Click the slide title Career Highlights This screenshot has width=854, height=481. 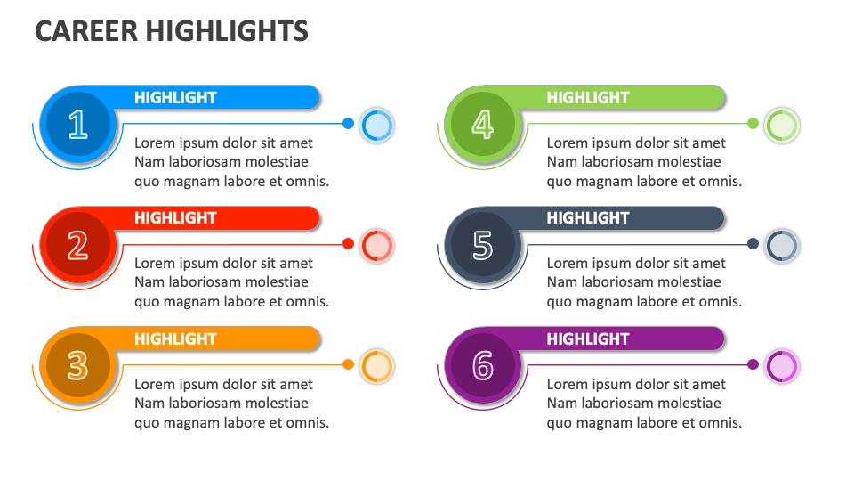pos(172,31)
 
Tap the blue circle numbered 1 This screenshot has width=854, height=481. pos(77,125)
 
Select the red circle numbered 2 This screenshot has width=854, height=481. pos(77,245)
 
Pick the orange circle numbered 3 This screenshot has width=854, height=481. pos(77,365)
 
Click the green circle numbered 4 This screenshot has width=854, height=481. pos(482,125)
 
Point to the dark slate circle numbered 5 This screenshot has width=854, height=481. pos(482,245)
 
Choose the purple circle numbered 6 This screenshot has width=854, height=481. pos(482,365)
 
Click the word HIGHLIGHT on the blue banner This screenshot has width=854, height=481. pos(175,98)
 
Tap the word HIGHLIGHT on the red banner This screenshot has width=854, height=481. pos(175,218)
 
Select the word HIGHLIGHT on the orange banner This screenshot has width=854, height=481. pos(175,339)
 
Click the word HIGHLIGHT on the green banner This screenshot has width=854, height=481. pos(587,98)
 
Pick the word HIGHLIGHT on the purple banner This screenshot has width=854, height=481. pos(587,339)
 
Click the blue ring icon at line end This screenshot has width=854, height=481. pos(377,125)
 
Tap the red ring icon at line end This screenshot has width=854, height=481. pos(377,245)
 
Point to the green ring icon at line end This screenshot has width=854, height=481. pos(782,125)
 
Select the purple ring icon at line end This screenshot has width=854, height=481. pos(782,365)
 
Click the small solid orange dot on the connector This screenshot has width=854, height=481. pos(348,364)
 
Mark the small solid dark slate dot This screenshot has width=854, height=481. pos(753,244)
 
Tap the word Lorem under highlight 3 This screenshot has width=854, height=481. pos(154,385)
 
